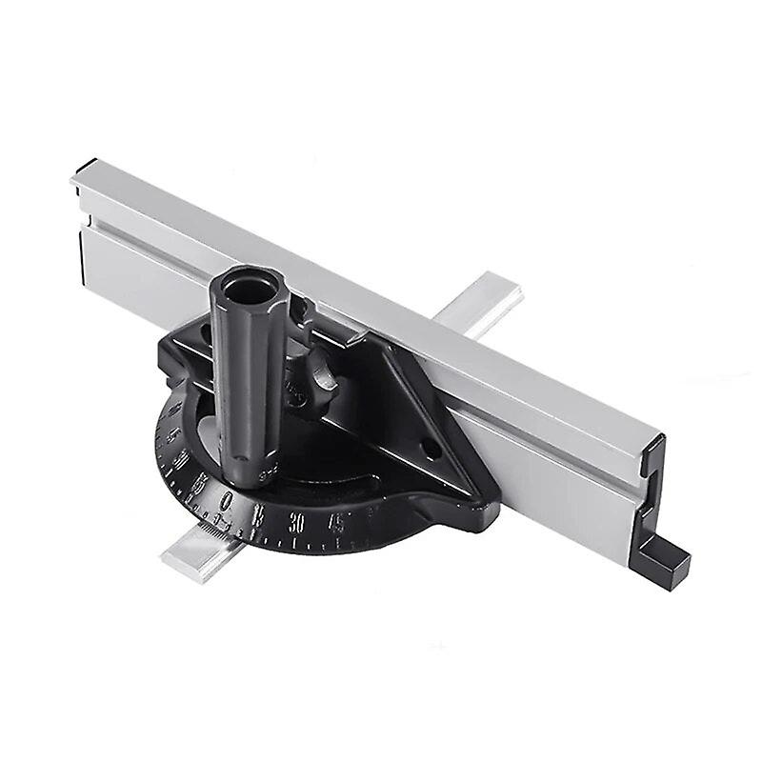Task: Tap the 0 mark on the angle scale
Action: click(226, 501)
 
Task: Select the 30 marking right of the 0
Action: click(297, 523)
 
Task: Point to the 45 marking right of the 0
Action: click(336, 521)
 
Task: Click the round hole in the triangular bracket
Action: click(428, 445)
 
